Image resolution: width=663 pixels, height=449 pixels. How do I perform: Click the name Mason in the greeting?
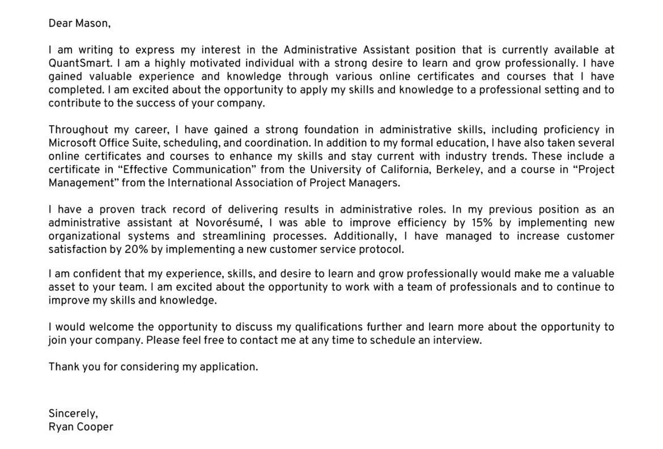92,23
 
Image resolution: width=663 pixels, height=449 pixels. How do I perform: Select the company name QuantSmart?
80,63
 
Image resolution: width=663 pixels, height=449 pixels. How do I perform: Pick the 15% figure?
482,223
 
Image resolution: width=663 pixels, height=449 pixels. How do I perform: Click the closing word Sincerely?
73,414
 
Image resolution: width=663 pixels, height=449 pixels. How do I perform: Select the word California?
405,170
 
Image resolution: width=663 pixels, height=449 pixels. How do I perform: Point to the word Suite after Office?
144,143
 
